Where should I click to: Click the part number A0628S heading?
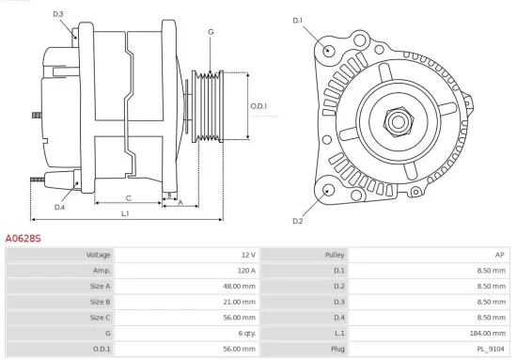click(23, 239)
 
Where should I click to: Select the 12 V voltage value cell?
click(247, 255)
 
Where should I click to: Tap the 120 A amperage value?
click(245, 271)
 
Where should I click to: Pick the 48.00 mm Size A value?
click(239, 286)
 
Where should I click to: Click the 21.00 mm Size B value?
click(239, 302)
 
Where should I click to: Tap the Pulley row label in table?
click(335, 255)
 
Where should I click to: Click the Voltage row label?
click(99, 255)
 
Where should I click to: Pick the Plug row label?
click(337, 348)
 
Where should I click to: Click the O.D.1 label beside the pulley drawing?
click(259, 105)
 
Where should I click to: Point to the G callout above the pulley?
click(211, 32)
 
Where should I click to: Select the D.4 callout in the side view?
click(59, 207)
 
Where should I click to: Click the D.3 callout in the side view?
click(58, 14)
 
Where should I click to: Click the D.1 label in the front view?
click(299, 19)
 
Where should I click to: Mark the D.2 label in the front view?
click(298, 221)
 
